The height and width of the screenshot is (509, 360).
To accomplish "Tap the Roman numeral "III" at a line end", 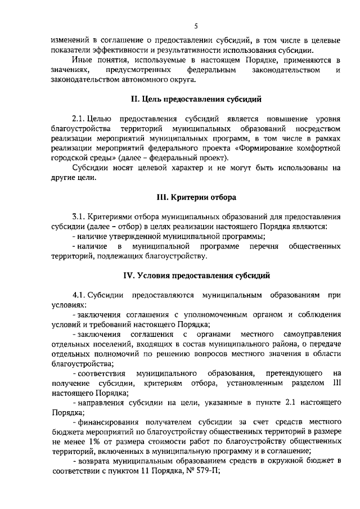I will [x=337, y=382].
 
